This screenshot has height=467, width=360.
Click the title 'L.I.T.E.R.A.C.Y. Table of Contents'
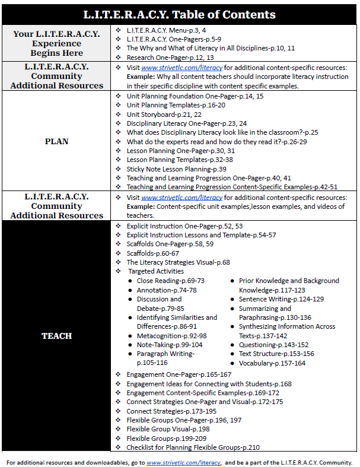pos(179,14)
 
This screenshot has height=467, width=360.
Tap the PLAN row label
pos(56,141)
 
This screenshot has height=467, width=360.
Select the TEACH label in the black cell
pos(56,336)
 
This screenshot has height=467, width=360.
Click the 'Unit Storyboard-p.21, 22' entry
pos(164,114)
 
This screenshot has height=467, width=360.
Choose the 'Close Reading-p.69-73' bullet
pos(170,280)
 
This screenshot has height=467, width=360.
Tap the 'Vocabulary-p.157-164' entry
pos(272,363)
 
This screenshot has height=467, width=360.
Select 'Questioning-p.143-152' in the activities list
pos(273,345)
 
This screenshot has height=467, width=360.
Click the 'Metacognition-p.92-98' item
pos(172,335)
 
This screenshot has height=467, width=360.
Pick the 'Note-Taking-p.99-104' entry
pos(170,345)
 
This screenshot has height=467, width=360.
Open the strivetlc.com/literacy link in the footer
pos(183,462)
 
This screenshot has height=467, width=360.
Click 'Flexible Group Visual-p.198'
pos(167,429)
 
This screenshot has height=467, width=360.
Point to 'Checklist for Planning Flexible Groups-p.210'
pos(193,447)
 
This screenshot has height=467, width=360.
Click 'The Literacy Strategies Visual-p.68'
pos(178,262)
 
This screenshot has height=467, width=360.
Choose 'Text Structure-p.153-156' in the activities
pos(276,354)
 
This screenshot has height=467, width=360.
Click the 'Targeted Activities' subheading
pos(157,271)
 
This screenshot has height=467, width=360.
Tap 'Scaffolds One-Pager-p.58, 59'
pos(170,244)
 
